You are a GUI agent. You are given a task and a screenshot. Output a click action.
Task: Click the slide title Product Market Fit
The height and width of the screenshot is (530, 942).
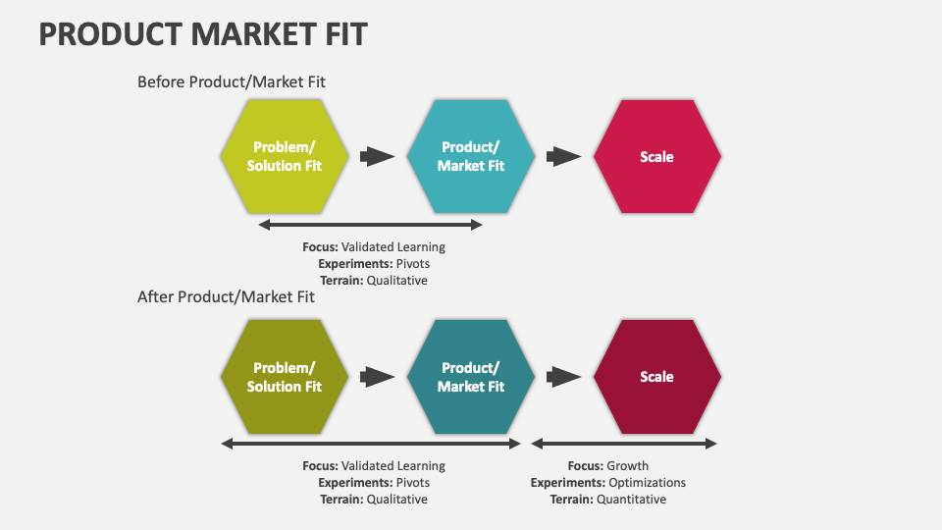pyautogui.click(x=203, y=35)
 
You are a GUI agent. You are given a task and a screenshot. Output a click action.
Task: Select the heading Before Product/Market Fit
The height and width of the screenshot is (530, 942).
pyautogui.click(x=232, y=82)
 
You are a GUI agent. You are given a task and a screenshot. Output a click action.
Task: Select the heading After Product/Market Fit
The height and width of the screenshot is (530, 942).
pyautogui.click(x=226, y=296)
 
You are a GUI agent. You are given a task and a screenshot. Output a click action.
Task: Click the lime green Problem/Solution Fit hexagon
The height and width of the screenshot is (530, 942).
pyautogui.click(x=285, y=157)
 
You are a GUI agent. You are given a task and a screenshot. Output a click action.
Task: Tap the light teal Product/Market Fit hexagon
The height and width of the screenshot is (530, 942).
pyautogui.click(x=471, y=157)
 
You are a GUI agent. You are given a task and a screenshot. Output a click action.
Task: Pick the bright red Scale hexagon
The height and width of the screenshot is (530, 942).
pyautogui.click(x=656, y=157)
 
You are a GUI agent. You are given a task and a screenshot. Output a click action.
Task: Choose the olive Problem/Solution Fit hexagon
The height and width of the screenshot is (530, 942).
pyautogui.click(x=285, y=377)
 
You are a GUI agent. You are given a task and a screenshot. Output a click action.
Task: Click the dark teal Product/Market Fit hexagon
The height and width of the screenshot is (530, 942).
pyautogui.click(x=471, y=377)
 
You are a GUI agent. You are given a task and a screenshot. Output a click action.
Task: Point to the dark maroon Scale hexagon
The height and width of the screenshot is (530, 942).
pyautogui.click(x=656, y=377)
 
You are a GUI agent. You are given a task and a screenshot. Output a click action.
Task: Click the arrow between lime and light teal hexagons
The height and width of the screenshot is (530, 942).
pyautogui.click(x=378, y=156)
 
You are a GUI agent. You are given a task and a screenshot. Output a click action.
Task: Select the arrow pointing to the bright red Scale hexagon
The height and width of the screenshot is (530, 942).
pyautogui.click(x=564, y=156)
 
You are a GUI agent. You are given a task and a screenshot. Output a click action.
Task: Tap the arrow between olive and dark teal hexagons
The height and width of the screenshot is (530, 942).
pyautogui.click(x=378, y=376)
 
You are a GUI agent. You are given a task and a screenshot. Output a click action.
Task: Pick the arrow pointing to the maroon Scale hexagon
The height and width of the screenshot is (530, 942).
pyautogui.click(x=564, y=376)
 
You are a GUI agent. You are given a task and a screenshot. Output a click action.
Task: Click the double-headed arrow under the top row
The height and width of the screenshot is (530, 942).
pyautogui.click(x=370, y=225)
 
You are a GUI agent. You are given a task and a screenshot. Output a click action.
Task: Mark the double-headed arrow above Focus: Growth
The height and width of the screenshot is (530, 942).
pyautogui.click(x=624, y=444)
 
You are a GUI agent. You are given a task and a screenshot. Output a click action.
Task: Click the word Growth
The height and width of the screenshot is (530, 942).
pyautogui.click(x=628, y=466)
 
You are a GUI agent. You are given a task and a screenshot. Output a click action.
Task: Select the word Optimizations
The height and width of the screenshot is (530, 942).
pyautogui.click(x=647, y=483)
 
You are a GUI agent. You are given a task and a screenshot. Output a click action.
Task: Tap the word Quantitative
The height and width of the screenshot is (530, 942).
pyautogui.click(x=632, y=500)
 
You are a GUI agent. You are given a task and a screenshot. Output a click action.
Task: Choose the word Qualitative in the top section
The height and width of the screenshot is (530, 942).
pyautogui.click(x=397, y=281)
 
